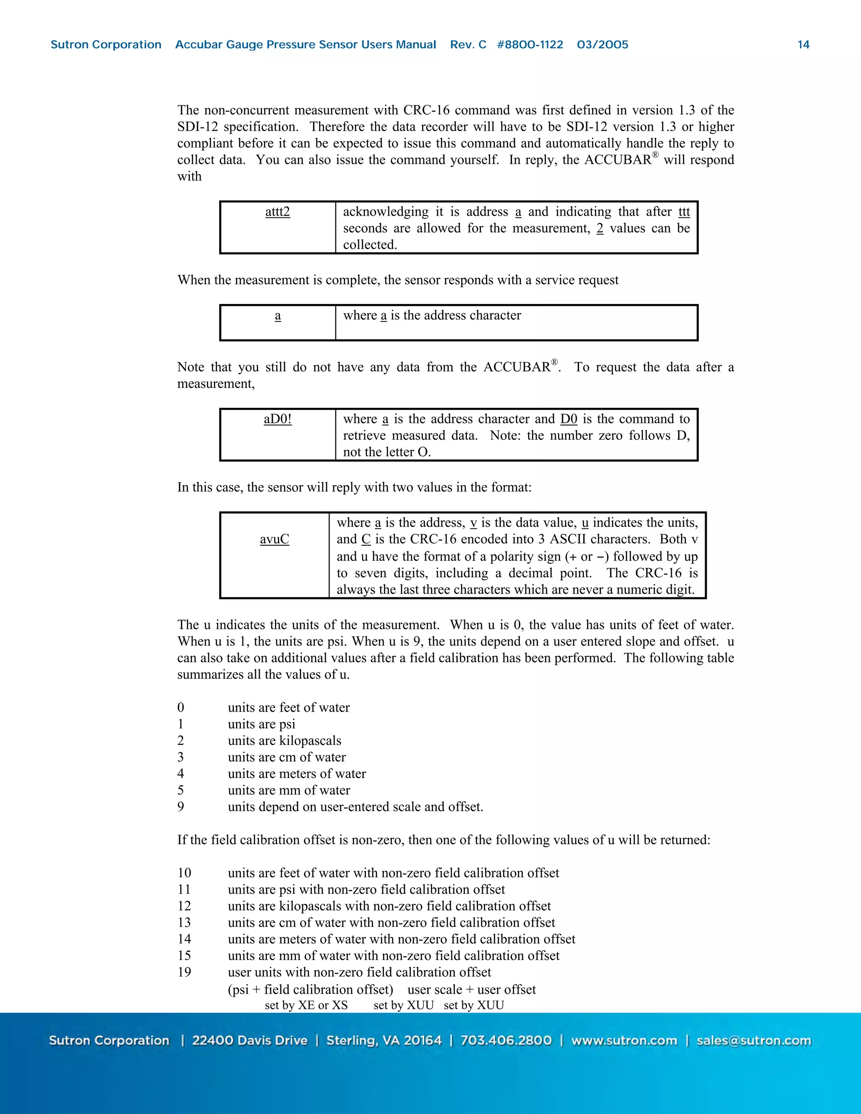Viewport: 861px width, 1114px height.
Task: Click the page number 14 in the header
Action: point(803,45)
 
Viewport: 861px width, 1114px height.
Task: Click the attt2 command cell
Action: point(277,212)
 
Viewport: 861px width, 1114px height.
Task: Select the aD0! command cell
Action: point(277,419)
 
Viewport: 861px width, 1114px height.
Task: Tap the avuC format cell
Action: point(275,539)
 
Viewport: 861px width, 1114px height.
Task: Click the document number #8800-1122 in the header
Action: point(530,45)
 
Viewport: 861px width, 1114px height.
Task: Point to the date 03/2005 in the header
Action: point(602,45)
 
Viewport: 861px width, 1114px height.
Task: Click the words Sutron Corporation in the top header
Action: point(106,45)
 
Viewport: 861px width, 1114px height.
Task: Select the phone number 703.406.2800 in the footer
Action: point(506,1040)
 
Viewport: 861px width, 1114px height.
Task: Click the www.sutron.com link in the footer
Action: point(624,1040)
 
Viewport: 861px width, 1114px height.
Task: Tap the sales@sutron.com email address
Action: point(753,1040)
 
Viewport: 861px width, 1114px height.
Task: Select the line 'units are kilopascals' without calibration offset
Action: point(284,741)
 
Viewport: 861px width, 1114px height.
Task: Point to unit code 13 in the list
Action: point(184,922)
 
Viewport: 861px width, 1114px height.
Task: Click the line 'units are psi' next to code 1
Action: point(261,724)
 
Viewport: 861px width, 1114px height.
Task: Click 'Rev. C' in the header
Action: point(468,45)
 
